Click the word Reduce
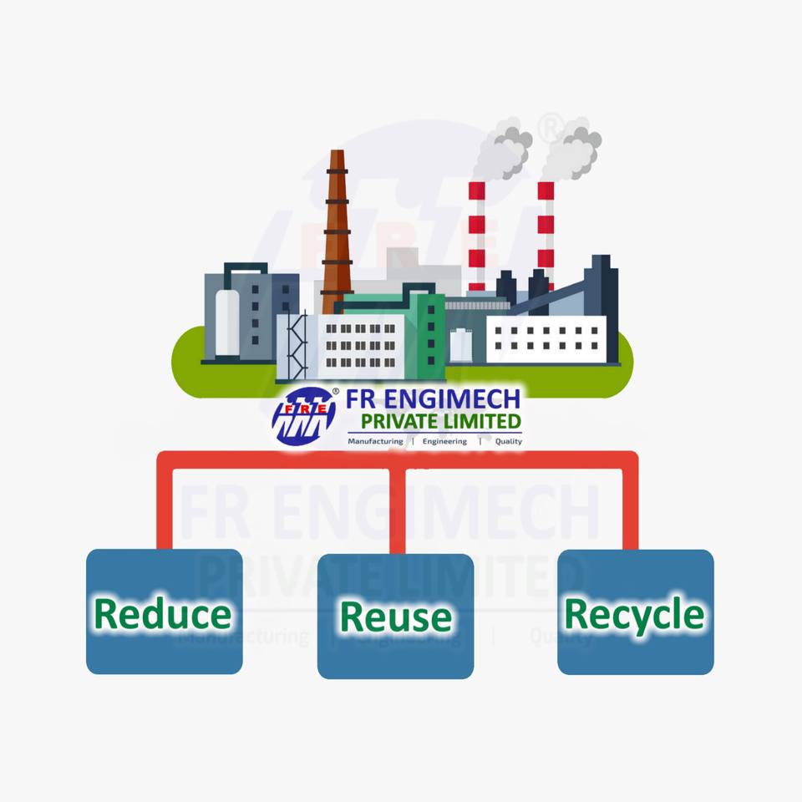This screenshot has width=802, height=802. coord(163,615)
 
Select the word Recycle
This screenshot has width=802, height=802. coord(635,615)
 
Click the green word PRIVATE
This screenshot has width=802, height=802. coord(398,420)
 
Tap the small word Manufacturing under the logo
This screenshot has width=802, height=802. coord(375,441)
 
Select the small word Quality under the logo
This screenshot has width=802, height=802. coord(508,441)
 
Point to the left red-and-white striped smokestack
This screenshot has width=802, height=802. coord(477,234)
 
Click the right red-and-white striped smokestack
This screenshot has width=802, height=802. coord(546,230)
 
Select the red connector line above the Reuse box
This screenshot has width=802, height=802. coord(398,510)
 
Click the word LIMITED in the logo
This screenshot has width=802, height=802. coord(485,420)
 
